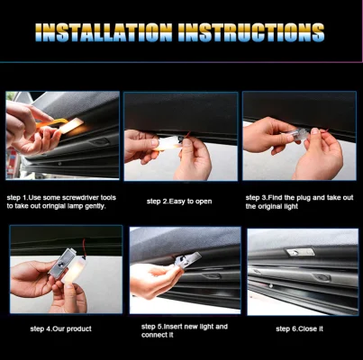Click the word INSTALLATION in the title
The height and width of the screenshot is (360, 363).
click(103, 32)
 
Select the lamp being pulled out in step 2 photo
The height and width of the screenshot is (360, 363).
click(168, 142)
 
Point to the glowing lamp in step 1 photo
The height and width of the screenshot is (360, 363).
click(73, 125)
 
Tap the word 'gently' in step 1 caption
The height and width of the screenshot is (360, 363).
click(99, 206)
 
